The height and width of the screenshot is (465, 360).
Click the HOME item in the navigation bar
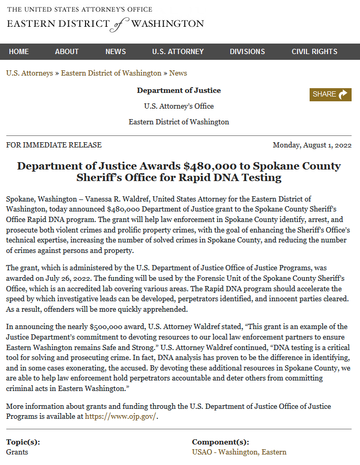point(19,51)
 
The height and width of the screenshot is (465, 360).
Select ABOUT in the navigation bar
point(67,51)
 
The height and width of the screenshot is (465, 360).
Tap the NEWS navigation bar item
point(115,51)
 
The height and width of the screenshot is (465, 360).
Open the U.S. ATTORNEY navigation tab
point(178,51)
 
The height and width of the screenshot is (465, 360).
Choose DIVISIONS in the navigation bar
point(247,51)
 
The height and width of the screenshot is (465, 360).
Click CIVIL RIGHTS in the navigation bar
point(314,51)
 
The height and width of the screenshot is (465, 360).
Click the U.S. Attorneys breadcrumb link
point(29,73)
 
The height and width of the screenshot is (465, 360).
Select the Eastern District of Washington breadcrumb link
point(111,73)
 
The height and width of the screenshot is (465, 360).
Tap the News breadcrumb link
point(178,73)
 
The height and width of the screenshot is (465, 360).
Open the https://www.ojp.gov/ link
point(121,417)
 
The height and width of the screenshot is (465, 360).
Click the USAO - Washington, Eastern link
point(239,452)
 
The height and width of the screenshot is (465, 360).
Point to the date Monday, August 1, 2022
point(312,145)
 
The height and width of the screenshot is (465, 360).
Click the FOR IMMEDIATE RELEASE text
point(54,145)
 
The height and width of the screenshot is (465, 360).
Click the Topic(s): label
point(23,442)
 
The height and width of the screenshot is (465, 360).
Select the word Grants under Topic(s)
point(17,452)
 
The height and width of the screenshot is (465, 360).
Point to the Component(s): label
point(220,442)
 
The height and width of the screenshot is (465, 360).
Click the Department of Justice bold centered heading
point(179,90)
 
